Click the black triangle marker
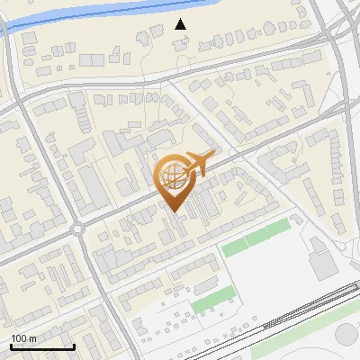pos(181,24)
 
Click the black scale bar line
pos(42,347)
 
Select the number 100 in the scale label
pos(18,338)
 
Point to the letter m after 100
pos(31,339)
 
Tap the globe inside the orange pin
pos(173,176)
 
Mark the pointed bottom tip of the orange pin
pos(174,212)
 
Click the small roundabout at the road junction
pos(77,229)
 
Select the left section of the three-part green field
pos(236,245)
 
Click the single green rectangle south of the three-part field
pos(209,301)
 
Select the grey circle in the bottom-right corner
pos(347,335)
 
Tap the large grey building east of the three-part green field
pos(321,264)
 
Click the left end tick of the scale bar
pos(11,346)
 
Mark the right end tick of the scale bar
pos(74,346)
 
